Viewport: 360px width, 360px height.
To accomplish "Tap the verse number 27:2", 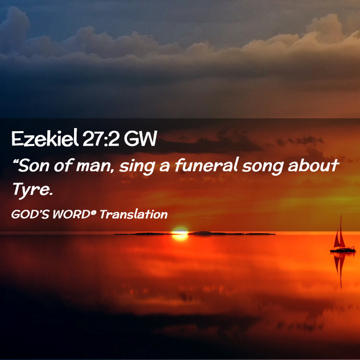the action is [101, 138].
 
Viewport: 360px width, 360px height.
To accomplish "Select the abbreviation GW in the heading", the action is [140, 138].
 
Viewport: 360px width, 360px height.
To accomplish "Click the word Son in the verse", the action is [34, 165].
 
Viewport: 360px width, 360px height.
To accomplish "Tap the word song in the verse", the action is [262, 167].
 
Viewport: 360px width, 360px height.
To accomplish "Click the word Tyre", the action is [32, 190].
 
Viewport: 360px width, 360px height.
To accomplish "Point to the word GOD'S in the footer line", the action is [30, 214].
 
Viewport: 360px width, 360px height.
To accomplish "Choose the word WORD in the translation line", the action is [71, 214].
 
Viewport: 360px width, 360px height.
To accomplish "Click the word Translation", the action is [134, 214].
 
